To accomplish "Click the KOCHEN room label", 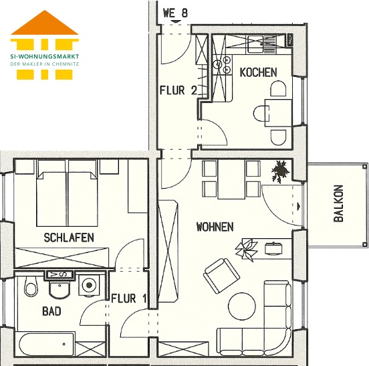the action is pos(258,72).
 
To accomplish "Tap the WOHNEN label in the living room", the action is pos(215,227).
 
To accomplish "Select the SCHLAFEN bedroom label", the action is pos(69,238).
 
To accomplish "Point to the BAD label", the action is pos(51,311).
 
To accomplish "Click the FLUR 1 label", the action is pos(129,298).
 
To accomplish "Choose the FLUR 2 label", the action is pos(178,90).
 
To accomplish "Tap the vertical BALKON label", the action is pos(339,203).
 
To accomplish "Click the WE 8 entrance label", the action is pos(175,13).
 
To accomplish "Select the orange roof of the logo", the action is pos(45,23).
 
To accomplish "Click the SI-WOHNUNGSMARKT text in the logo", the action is pos(45,56).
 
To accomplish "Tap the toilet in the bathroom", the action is pos(30,286).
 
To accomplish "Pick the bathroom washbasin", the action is pos(59,289).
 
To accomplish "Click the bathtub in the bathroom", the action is pos(47,344).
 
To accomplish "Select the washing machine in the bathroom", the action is pos(89,285).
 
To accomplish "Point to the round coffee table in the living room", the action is pos(242,306).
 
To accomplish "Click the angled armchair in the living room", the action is pos(221,276).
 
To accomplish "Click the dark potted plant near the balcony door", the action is pos(280,171).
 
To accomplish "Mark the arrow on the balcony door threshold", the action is pos(299,206).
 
